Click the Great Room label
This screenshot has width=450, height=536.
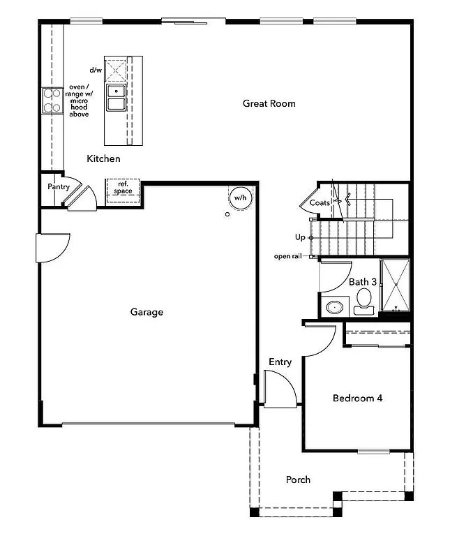click(269, 103)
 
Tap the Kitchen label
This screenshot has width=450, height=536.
click(103, 159)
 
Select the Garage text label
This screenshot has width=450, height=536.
click(147, 312)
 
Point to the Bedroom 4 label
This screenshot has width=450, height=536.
click(357, 399)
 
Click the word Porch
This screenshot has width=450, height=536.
click(298, 479)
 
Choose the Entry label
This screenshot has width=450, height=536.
click(280, 362)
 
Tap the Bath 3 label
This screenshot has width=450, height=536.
click(363, 282)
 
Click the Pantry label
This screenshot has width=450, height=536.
click(59, 187)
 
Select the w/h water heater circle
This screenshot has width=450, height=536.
click(239, 198)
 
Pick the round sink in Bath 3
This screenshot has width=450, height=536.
click(336, 307)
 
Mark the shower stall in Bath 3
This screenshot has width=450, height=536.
click(395, 285)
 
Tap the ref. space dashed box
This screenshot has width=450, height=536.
click(123, 188)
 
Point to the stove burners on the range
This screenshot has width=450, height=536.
click(52, 100)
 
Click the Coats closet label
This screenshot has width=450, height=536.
click(320, 202)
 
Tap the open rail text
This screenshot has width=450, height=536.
click(286, 256)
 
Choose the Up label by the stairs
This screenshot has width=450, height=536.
click(300, 237)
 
